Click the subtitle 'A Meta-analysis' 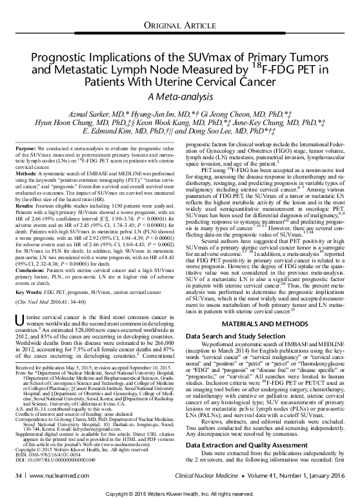(180, 96)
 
